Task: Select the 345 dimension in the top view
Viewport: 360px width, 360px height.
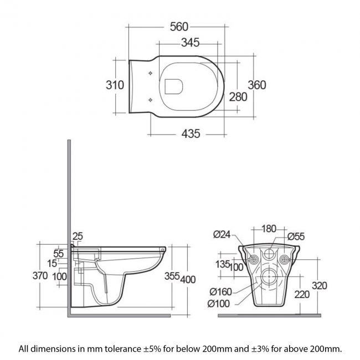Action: click(x=190, y=43)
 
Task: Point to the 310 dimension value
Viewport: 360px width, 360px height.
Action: click(x=114, y=85)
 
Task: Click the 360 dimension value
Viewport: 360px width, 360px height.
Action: click(x=256, y=85)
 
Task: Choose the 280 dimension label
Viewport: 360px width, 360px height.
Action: click(x=238, y=96)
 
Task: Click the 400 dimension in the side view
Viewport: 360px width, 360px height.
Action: click(x=188, y=279)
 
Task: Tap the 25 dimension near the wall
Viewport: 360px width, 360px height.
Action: click(x=78, y=236)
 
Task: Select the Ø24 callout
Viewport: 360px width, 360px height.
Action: click(x=222, y=234)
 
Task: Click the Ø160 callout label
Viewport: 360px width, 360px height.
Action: click(x=220, y=292)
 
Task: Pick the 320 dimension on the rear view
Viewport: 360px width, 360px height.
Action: click(x=319, y=286)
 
